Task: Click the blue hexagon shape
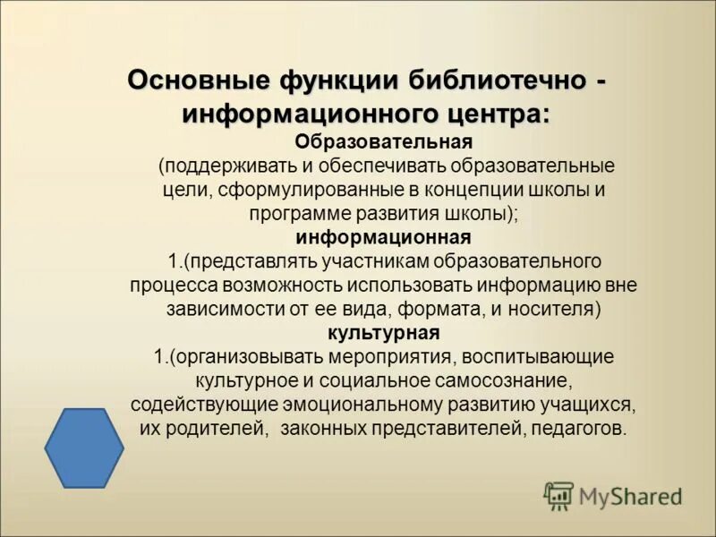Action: point(85,447)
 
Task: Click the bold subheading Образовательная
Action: point(383,142)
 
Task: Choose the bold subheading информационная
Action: point(383,237)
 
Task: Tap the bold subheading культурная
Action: point(383,333)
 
